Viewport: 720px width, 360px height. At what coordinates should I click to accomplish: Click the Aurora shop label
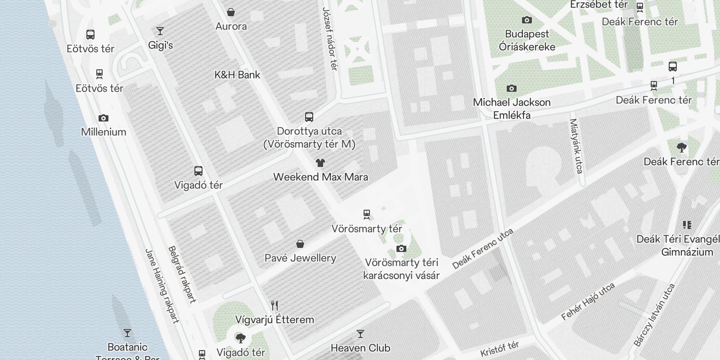point(231,26)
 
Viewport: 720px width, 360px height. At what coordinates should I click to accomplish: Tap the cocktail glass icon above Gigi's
point(160,31)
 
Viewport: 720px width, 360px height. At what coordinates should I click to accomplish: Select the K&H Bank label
point(237,75)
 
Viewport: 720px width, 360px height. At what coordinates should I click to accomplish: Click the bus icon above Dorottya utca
point(309,117)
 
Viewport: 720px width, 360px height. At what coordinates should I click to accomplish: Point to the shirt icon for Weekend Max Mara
point(320,163)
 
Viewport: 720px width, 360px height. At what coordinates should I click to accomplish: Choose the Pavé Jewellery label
point(300,258)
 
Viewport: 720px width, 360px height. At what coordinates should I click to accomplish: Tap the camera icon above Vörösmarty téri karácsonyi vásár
point(401,248)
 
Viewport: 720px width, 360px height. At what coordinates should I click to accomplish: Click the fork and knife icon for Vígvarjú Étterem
point(274,306)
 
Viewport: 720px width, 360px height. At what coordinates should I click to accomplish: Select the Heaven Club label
point(360,348)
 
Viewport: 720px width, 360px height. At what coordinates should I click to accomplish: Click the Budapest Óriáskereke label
point(527,40)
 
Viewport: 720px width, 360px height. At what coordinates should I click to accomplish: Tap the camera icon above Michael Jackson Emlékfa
point(512,88)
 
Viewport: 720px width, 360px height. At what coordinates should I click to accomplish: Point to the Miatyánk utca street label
point(576,146)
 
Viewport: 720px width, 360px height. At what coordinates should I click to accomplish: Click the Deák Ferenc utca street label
point(483,249)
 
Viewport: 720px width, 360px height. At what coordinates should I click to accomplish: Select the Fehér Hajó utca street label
point(588,301)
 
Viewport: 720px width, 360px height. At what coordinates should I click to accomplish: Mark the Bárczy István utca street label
point(655,315)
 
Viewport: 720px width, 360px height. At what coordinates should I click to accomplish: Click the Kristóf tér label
point(499,349)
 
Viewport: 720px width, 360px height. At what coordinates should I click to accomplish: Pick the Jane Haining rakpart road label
point(162,286)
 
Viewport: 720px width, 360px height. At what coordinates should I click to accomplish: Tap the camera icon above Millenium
point(103,118)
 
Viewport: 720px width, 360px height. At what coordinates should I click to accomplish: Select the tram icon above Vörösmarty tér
point(367,214)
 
